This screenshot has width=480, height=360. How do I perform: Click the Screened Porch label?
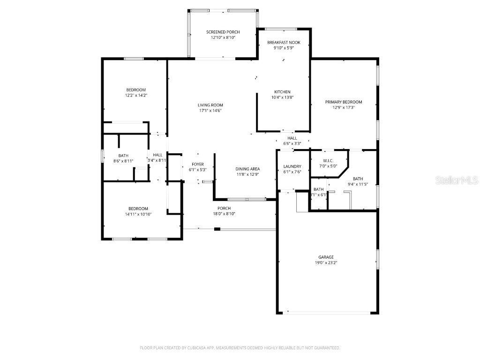point(223,32)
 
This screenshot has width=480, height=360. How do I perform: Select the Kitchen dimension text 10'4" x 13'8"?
point(282,97)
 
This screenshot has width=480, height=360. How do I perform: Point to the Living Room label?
point(210,105)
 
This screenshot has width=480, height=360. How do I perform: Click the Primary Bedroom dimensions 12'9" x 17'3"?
point(344,107)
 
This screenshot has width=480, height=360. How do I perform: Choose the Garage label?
point(326,257)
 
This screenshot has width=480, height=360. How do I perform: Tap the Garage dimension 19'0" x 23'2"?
point(326,263)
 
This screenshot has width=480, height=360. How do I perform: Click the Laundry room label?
point(292,166)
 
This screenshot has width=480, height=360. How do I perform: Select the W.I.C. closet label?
point(328,160)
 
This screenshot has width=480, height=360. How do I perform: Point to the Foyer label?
point(197,164)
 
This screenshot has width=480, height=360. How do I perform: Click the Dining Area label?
point(247,169)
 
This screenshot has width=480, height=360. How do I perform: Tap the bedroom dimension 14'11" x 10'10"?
point(138,214)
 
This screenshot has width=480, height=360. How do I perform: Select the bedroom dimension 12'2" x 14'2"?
point(135,96)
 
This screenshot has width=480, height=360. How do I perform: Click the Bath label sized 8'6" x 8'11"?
point(123,156)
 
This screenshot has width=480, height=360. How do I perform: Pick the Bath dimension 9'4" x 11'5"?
point(357,184)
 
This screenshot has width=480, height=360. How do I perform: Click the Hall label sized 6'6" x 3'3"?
point(292,138)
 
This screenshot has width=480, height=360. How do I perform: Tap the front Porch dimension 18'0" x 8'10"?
point(224,214)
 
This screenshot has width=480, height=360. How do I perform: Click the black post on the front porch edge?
point(217,229)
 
